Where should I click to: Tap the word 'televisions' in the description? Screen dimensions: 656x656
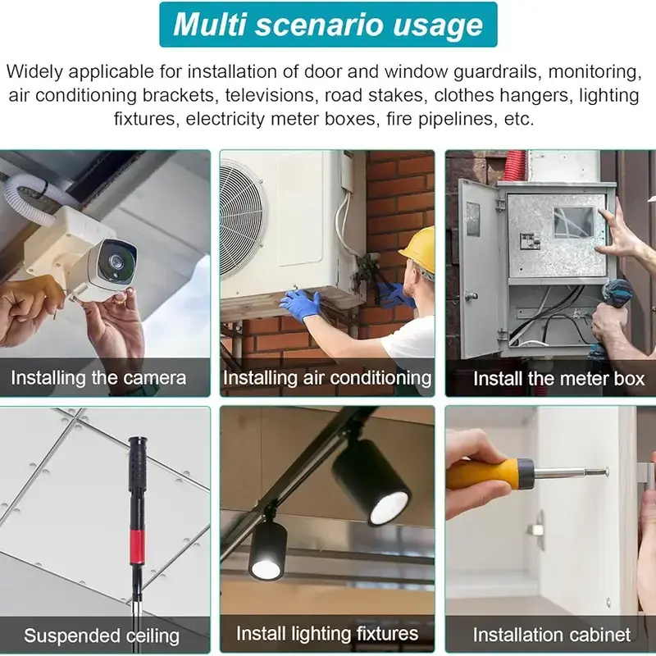click(270, 95)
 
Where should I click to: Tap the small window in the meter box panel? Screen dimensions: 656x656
click(573, 221)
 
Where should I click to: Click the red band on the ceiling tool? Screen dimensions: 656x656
click(137, 546)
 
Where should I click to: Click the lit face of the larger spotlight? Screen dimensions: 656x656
click(388, 508)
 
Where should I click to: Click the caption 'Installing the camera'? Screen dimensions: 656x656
click(98, 378)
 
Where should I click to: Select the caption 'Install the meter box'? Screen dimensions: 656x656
click(559, 379)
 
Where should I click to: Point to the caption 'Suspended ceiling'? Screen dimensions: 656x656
click(102, 635)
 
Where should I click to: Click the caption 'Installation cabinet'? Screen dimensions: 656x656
click(552, 635)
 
